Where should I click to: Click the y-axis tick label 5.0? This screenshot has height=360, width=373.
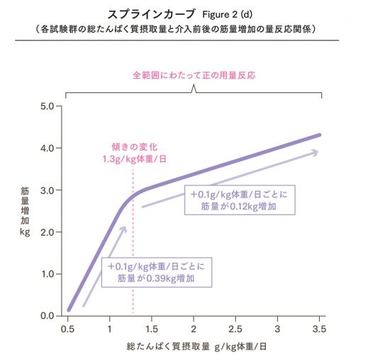47,107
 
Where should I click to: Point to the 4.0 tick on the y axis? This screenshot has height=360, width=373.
47,148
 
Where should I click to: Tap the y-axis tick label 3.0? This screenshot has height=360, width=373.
47,190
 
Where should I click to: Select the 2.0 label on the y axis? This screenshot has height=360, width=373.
47,232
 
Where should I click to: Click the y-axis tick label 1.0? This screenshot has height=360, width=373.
47,274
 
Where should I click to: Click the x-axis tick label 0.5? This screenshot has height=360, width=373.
68,329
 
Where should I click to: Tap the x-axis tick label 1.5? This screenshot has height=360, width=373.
152,329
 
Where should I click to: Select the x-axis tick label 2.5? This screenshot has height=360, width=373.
236,329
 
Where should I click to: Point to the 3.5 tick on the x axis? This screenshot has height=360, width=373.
320,329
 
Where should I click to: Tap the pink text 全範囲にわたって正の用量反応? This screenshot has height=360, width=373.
194,74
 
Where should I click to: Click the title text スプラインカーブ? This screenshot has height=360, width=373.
145,13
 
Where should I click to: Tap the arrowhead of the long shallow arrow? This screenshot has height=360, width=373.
314,152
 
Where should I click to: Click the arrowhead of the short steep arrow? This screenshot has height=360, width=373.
124,229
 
